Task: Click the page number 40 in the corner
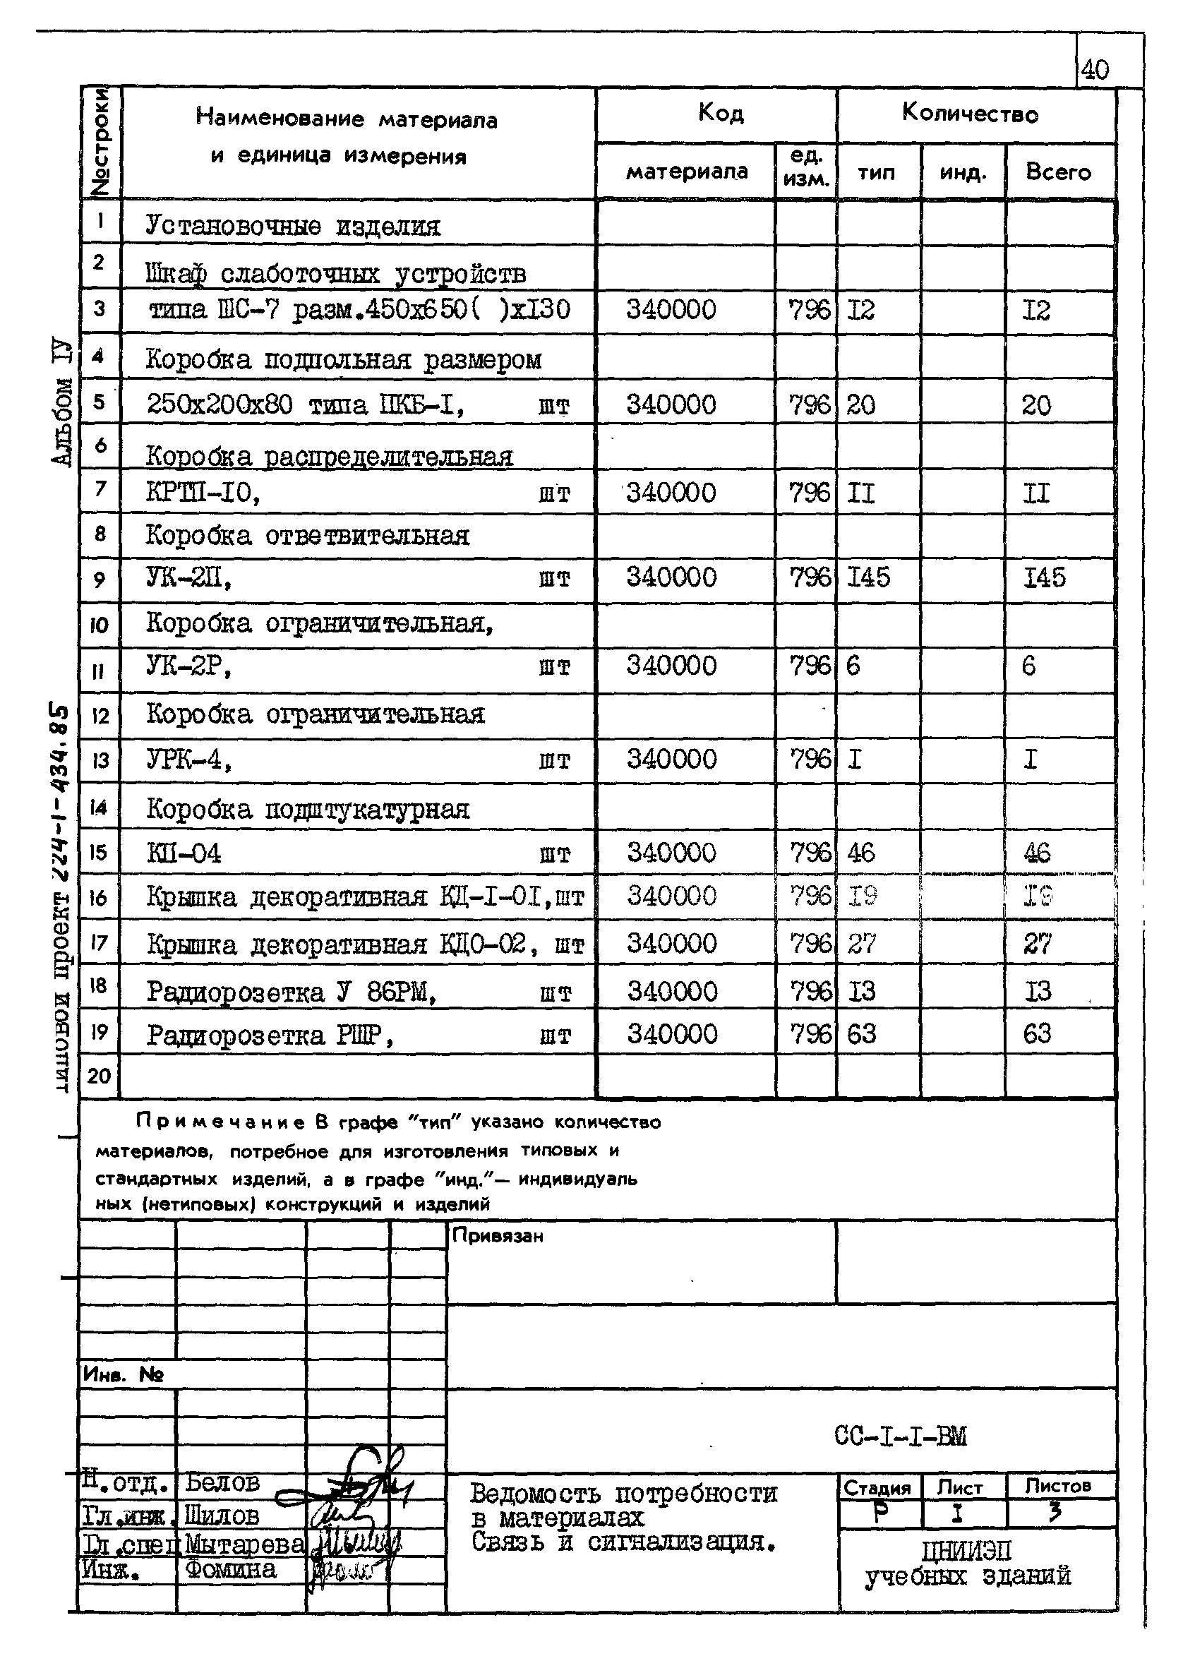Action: [x=1095, y=70]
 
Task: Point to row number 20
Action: [x=99, y=1076]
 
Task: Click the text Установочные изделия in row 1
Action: [x=293, y=226]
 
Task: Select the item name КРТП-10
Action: [x=203, y=492]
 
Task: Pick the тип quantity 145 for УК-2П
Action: [x=868, y=578]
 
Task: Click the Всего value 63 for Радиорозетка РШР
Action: [x=1037, y=1034]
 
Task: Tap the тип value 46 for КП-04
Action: [x=861, y=853]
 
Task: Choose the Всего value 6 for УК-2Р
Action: [x=1029, y=666]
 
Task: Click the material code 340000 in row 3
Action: [x=671, y=310]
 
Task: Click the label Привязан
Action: [x=498, y=1236]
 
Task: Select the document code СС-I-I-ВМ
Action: [x=900, y=1436]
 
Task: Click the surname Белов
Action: [x=222, y=1482]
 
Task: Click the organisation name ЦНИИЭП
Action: [x=966, y=1551]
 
